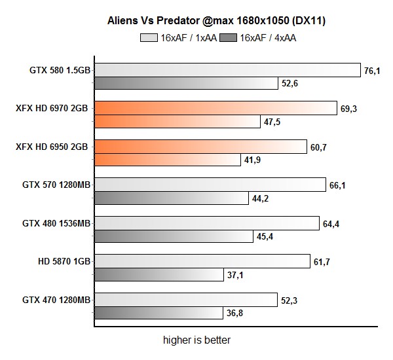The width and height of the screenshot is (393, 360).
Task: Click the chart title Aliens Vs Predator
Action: coord(217,21)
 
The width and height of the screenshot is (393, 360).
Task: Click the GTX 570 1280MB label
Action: coord(56,185)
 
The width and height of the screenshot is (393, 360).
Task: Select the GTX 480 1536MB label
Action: coord(56,224)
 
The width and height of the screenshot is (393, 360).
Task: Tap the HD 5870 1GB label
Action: coord(64,262)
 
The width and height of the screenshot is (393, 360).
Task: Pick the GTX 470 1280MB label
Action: coord(56,300)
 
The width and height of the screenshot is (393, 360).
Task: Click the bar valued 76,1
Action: coord(227,70)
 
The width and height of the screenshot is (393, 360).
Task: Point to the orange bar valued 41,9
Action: coord(166,160)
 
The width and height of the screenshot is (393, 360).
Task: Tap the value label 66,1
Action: coord(337,186)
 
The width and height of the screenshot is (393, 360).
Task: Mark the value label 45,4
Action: coord(265,237)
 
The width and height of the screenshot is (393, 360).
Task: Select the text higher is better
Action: coord(196,340)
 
